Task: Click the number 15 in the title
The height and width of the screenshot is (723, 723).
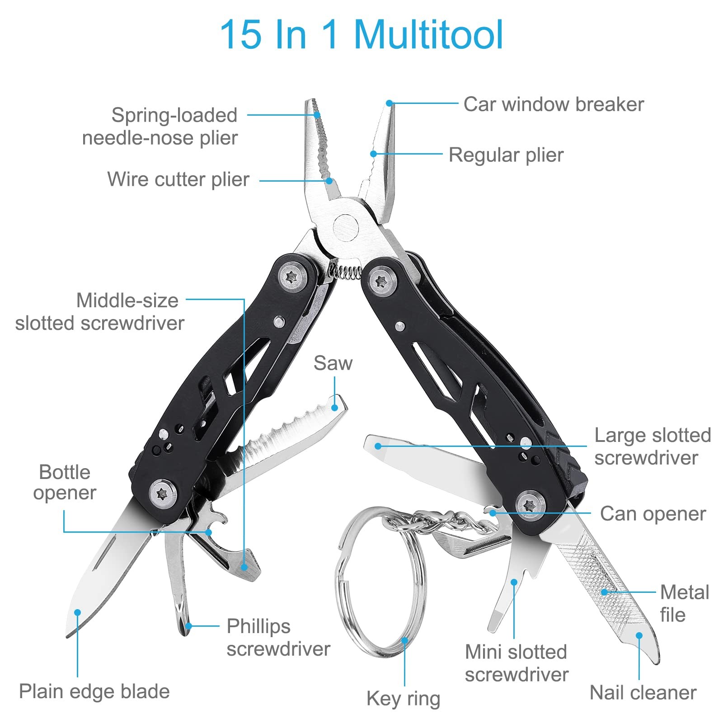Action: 240,34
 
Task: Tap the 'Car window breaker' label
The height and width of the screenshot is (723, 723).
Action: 554,104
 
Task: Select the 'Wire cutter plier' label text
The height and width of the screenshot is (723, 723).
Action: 178,179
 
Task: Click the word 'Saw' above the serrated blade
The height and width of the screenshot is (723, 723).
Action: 333,363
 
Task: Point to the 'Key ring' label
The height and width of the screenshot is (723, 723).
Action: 403,698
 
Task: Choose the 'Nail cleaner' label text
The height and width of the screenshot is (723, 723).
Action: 643,692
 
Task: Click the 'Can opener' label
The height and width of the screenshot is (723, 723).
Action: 653,514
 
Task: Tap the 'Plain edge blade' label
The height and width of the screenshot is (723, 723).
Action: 94,691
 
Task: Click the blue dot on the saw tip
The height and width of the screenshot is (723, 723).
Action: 335,408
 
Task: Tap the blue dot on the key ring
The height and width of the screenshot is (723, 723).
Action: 404,640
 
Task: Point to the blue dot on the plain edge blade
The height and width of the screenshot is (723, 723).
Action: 77,613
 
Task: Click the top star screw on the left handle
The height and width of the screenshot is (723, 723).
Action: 291,277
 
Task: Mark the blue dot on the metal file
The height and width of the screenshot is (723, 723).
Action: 604,592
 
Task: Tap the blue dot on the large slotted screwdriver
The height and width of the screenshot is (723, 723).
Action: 378,446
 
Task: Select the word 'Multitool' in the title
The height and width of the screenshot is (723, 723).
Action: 428,34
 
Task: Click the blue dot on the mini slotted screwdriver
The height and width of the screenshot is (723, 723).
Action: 514,582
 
